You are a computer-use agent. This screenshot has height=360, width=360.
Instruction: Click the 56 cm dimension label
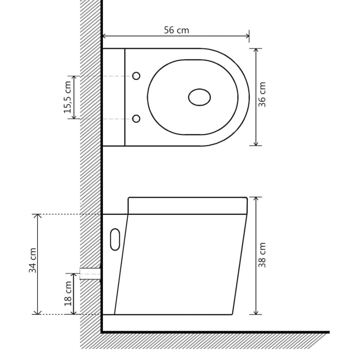click(176, 30)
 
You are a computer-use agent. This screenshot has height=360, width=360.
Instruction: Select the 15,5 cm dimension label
click(68, 97)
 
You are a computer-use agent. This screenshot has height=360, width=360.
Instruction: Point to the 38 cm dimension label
click(262, 255)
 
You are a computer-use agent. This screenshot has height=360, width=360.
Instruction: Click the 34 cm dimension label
click(33, 260)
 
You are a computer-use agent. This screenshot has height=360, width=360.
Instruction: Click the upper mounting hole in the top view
click(136, 76)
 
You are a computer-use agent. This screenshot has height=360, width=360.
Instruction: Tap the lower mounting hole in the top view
click(136, 119)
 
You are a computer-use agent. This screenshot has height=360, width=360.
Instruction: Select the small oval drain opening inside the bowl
click(199, 97)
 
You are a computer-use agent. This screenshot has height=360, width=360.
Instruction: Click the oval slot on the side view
click(115, 239)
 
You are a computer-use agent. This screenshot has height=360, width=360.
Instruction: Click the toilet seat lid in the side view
click(188, 205)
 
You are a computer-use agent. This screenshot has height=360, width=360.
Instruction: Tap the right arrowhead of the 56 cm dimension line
click(248, 36)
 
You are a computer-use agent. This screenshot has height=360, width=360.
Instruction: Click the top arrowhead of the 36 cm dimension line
click(256, 50)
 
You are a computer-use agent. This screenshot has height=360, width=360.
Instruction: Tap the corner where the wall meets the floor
click(102, 332)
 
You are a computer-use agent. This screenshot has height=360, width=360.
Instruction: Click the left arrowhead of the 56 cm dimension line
click(104, 36)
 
